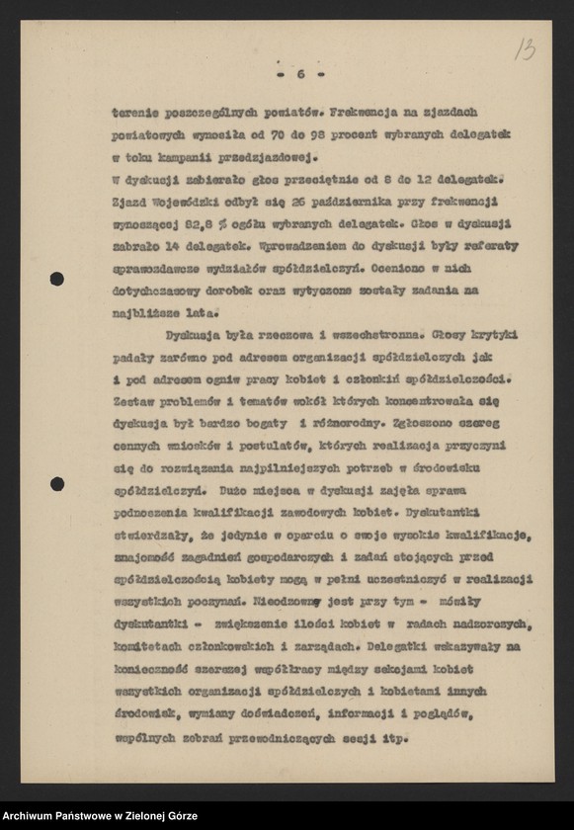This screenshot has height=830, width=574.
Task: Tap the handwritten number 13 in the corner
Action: [x=525, y=49]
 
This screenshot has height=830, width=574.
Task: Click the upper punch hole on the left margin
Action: [x=57, y=280]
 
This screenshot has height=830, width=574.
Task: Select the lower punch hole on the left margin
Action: [x=57, y=484]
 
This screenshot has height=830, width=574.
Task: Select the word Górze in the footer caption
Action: [x=180, y=816]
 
